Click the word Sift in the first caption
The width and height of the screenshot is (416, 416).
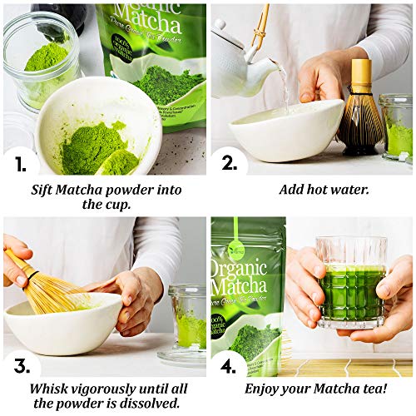47,189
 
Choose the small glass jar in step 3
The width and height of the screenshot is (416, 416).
187,320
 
